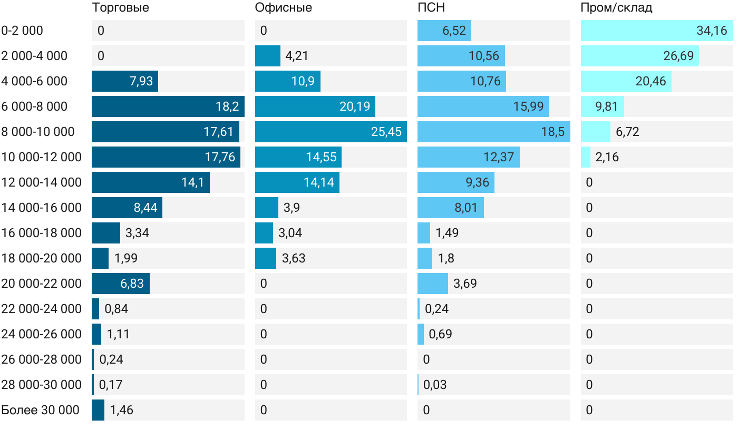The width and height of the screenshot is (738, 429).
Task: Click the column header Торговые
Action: [x=120, y=8]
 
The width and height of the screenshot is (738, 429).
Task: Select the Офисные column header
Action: [x=283, y=8]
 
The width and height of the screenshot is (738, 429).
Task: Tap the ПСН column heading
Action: [x=431, y=8]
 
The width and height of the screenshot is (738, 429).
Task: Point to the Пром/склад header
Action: [x=616, y=8]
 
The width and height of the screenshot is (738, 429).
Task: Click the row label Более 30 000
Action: [x=40, y=410]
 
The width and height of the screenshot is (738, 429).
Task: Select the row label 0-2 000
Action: [x=22, y=31]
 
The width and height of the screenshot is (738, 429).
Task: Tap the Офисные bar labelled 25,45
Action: [x=331, y=132]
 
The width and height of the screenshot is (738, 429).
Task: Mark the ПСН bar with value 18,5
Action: [x=493, y=132]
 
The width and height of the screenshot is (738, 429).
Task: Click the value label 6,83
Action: [x=132, y=284]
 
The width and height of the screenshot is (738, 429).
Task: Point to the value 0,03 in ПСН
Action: [x=435, y=385]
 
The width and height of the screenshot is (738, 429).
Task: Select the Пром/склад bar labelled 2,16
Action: [x=586, y=157]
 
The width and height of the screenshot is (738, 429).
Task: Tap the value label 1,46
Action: [x=121, y=410]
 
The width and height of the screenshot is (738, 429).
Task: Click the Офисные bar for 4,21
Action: [x=268, y=56]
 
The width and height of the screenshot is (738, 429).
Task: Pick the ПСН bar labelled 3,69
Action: [x=433, y=284]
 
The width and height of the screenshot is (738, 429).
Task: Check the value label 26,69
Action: [x=678, y=56]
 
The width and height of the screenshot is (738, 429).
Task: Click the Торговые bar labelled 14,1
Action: [x=150, y=182]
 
